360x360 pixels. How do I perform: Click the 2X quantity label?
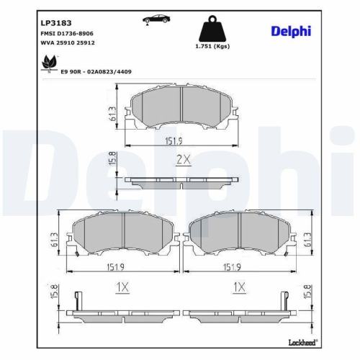pyautogui.click(x=183, y=161)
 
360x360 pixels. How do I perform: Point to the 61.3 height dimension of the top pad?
pyautogui.click(x=112, y=113)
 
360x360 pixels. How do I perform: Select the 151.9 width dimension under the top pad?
pyautogui.click(x=182, y=140)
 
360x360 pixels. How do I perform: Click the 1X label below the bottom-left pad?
pyautogui.click(x=122, y=287)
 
